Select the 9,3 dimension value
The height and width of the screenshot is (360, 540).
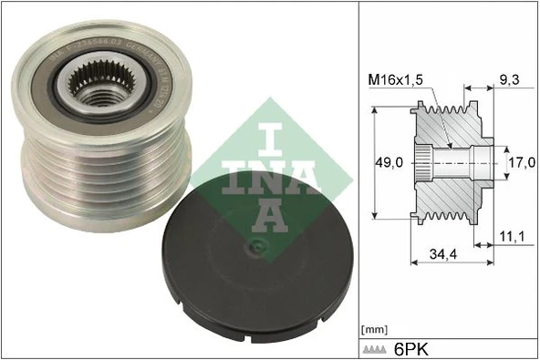(508, 81)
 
